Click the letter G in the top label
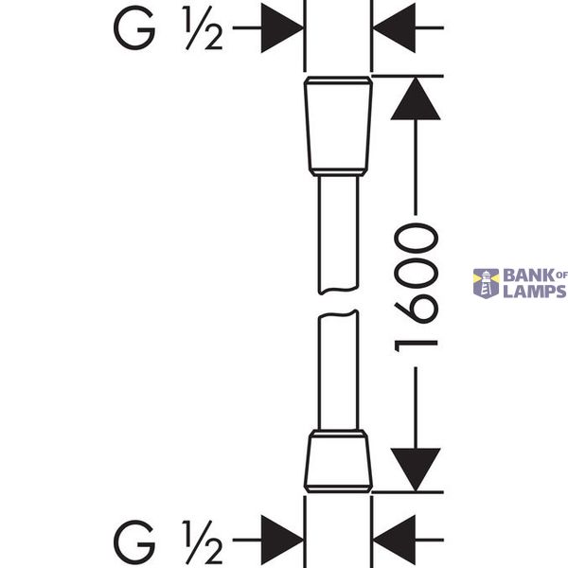(134, 27)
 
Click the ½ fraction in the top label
(203, 27)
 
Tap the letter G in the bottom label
(134, 541)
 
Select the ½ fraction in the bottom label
(203, 541)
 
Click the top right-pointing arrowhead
(282, 27)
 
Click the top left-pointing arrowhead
(394, 27)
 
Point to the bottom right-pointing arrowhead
(282, 541)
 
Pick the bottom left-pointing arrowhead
(394, 541)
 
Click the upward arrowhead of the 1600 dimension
(416, 98)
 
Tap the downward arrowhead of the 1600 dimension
(416, 470)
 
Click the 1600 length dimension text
(416, 288)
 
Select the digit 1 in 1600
(416, 346)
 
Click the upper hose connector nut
(338, 126)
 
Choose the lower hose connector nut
(338, 462)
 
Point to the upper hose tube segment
(338, 235)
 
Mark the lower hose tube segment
(338, 370)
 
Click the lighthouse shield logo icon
(487, 284)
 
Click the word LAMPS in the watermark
(535, 292)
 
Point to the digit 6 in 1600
(416, 308)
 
